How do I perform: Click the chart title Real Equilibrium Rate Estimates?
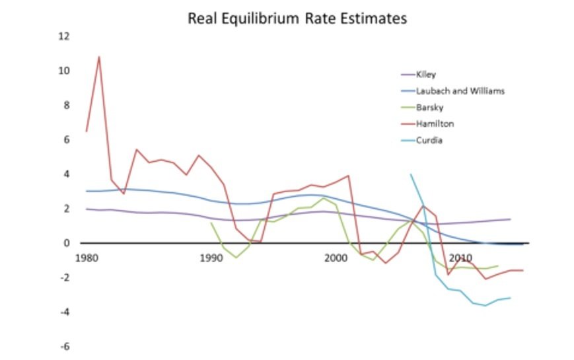(297, 18)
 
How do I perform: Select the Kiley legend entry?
(426, 75)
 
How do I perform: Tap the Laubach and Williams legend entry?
(460, 90)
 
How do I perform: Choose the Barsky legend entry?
(429, 107)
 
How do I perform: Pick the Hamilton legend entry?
(435, 124)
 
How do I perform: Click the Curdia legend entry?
(429, 139)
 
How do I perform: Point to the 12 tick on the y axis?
(64, 36)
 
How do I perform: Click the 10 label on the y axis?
(64, 71)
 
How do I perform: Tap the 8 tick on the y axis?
(65, 105)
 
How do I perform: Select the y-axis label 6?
(65, 139)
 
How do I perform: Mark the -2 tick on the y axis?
(64, 277)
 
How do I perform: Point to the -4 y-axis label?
(64, 312)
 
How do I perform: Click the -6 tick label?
(64, 346)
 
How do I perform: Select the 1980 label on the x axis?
(86, 257)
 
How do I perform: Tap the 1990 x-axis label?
(211, 257)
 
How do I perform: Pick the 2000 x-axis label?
(337, 257)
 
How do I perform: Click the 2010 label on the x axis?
(462, 257)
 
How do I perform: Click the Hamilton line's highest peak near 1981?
(98, 57)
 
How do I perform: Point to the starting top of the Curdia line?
(411, 174)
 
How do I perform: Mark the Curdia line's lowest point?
(485, 305)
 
